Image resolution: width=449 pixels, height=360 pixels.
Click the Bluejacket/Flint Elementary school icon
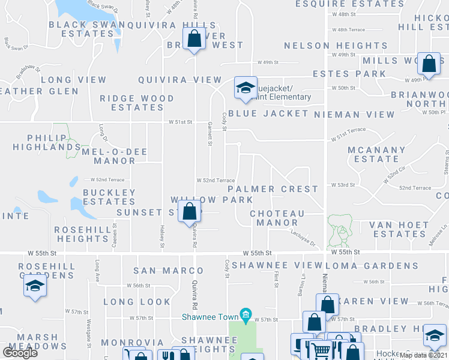click(x=244, y=88)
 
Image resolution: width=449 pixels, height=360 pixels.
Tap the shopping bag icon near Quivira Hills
click(x=194, y=40)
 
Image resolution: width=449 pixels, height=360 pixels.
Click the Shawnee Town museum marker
click(x=245, y=314)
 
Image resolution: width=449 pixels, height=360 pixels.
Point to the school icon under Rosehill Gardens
click(x=35, y=286)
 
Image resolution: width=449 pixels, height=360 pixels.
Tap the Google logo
click(x=20, y=353)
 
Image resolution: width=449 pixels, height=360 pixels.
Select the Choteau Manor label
click(x=277, y=218)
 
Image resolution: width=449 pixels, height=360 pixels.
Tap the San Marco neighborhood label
click(x=160, y=271)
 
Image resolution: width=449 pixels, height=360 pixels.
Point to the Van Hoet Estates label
click(x=399, y=229)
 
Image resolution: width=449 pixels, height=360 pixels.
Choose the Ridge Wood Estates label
click(x=137, y=103)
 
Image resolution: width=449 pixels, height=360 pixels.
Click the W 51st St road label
click(x=179, y=122)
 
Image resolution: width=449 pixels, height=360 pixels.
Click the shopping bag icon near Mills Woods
click(x=429, y=63)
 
